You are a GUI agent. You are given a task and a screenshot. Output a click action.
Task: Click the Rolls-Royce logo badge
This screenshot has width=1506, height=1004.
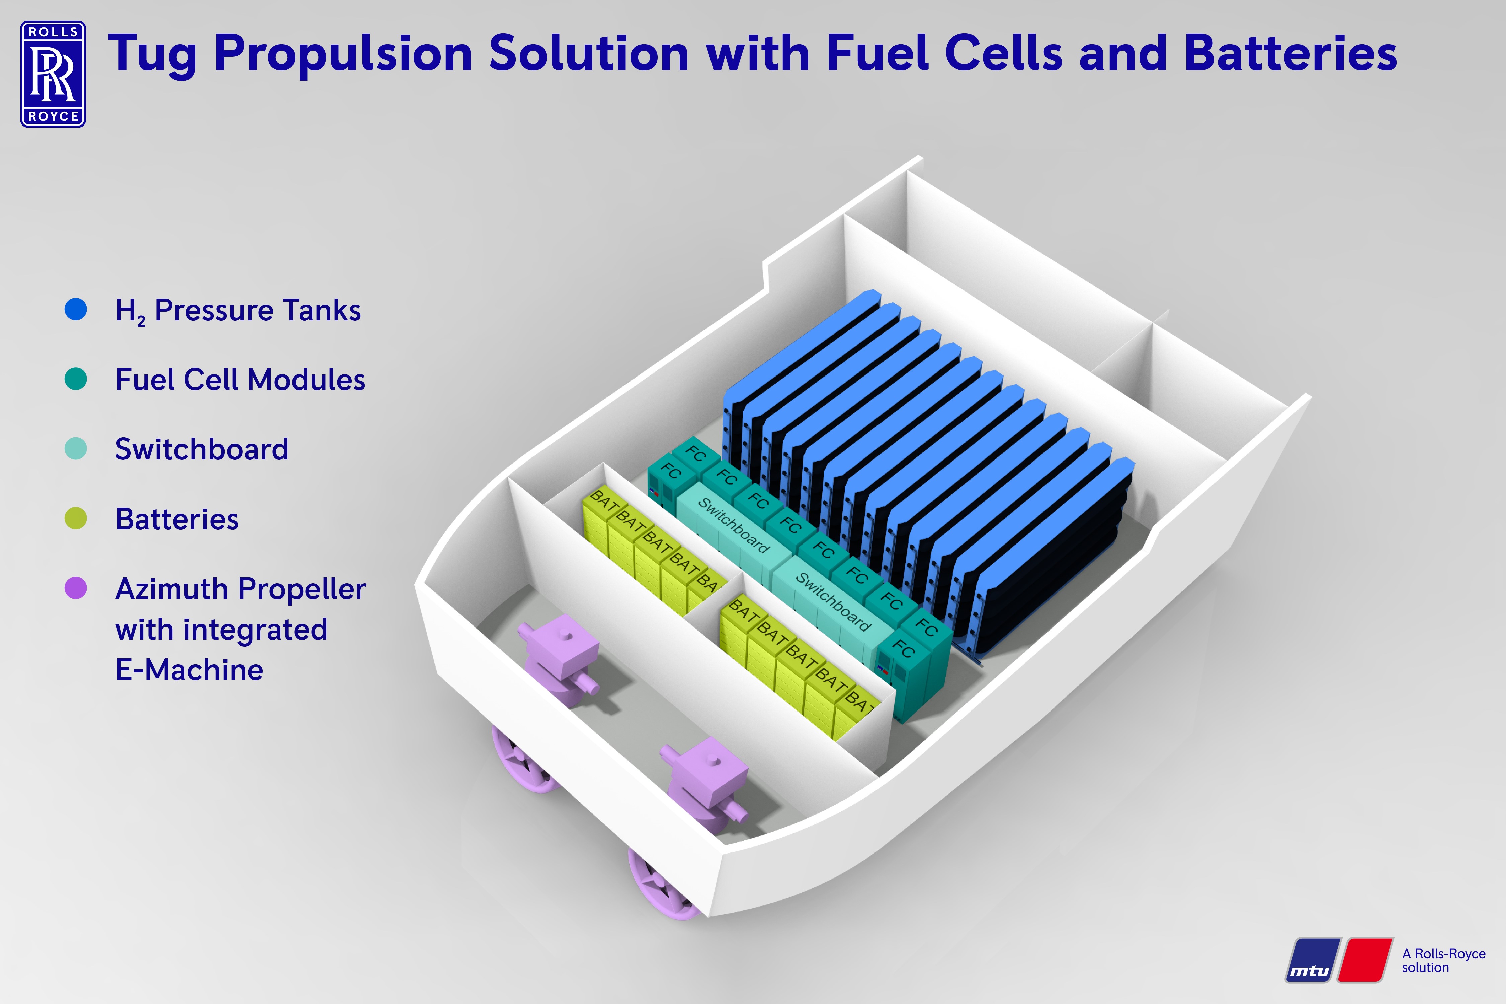[x=53, y=74]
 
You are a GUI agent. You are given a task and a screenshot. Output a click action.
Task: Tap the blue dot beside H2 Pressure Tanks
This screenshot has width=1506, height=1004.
[x=76, y=309]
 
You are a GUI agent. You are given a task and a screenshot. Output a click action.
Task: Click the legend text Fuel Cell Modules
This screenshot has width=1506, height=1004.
[x=240, y=380]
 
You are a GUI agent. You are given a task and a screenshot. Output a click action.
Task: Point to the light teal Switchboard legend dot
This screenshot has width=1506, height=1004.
[x=76, y=449]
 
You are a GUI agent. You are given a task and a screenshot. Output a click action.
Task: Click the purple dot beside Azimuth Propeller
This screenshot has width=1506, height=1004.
[x=76, y=588]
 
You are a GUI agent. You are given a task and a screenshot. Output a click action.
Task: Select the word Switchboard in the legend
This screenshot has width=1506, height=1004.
[x=202, y=449]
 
